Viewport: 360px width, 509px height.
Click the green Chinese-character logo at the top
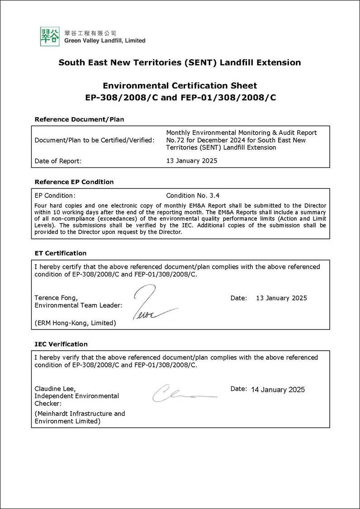pyautogui.click(x=50, y=36)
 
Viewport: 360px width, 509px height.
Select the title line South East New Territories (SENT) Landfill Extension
pyautogui.click(x=180, y=62)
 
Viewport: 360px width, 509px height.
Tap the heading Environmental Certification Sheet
pyautogui.click(x=180, y=86)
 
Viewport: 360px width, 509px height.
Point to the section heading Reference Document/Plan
pyautogui.click(x=79, y=119)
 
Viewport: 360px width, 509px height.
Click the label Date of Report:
pyautogui.click(x=58, y=161)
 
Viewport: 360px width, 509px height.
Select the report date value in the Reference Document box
pyautogui.click(x=192, y=161)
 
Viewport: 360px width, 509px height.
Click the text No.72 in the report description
pyautogui.click(x=174, y=140)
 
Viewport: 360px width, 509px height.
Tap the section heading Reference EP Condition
pyautogui.click(x=74, y=182)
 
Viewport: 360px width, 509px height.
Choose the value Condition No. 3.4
pyautogui.click(x=193, y=195)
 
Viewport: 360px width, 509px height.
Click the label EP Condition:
pyautogui.click(x=55, y=195)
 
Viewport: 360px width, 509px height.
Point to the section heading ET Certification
pyautogui.click(x=60, y=253)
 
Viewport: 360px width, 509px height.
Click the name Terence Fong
pyautogui.click(x=56, y=298)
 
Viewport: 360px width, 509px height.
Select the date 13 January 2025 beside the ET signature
pyautogui.click(x=281, y=298)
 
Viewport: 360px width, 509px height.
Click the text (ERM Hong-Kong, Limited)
pyautogui.click(x=75, y=323)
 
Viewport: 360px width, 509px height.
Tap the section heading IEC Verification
pyautogui.click(x=61, y=344)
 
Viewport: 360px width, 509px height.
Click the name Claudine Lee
pyautogui.click(x=55, y=388)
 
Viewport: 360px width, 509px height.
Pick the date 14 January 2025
pyautogui.click(x=278, y=390)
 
